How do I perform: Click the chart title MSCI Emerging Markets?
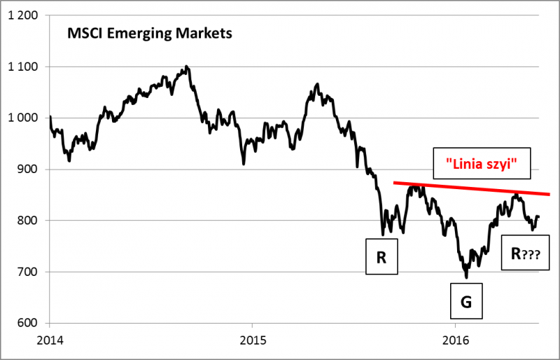[x=148, y=33]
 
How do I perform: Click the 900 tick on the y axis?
[x=27, y=169]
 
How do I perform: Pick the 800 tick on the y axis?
[x=27, y=221]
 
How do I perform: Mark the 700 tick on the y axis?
[x=27, y=272]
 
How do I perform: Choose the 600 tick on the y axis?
[x=27, y=323]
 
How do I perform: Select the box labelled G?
[x=466, y=302]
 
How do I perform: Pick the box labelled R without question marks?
[x=381, y=257]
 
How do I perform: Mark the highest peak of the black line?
[x=185, y=67]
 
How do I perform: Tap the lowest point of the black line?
[x=466, y=277]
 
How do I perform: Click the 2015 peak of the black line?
[x=318, y=84]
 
